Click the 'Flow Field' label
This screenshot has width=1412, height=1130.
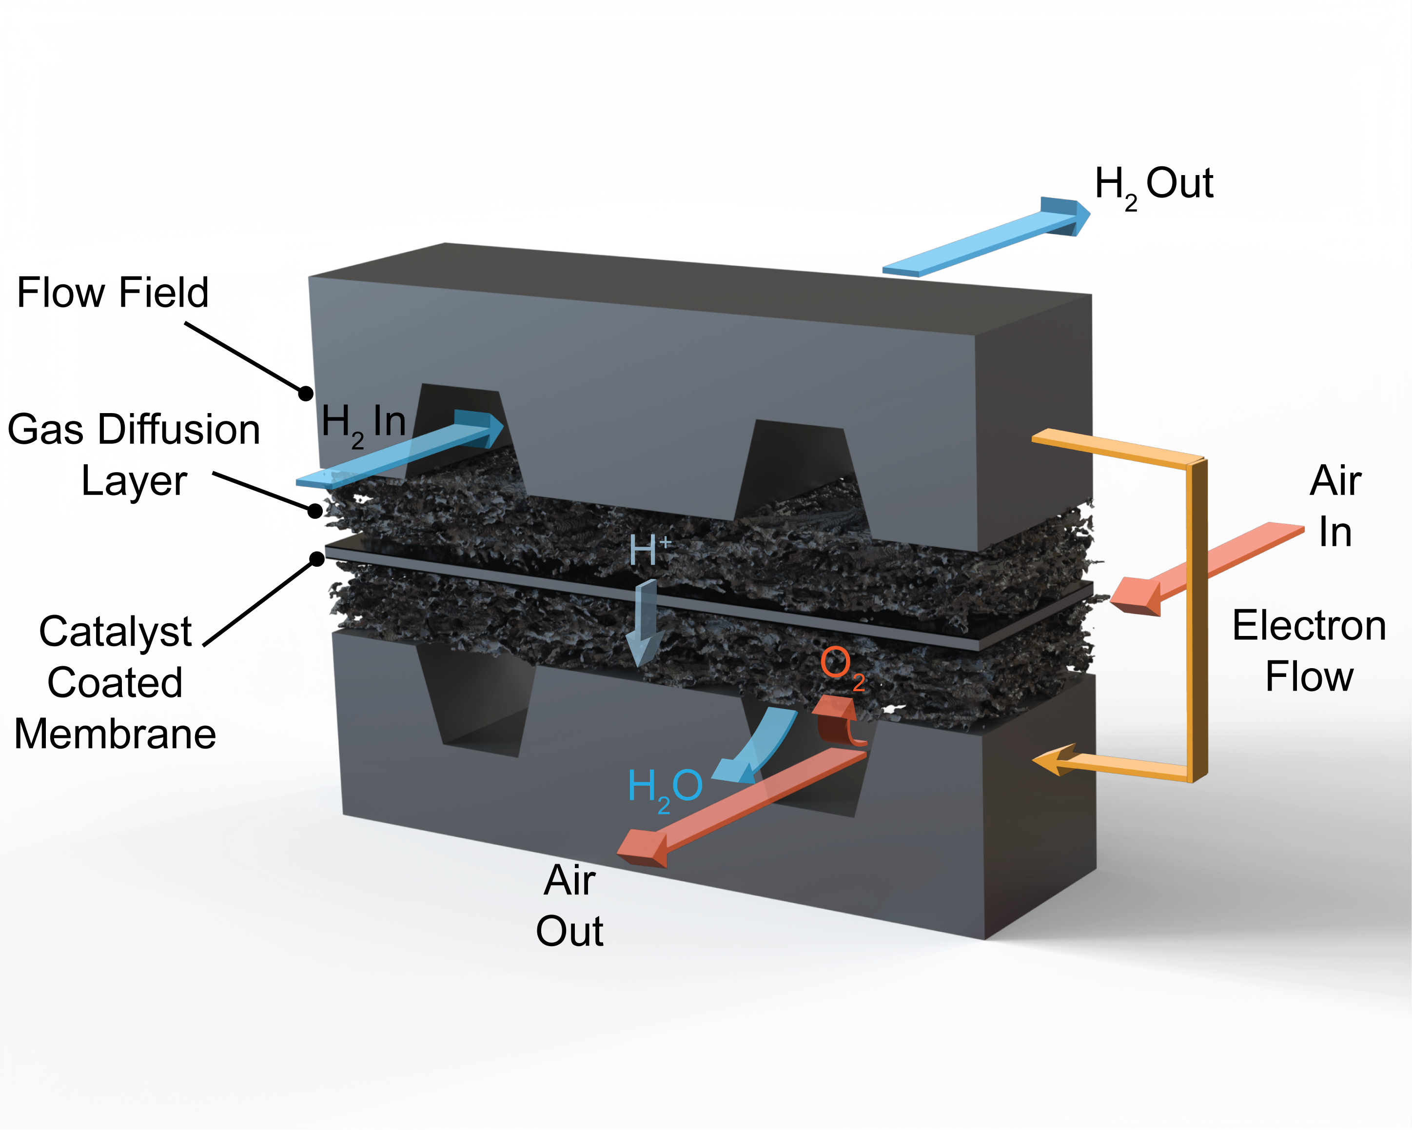(x=113, y=292)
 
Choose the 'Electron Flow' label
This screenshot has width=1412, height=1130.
(x=1309, y=651)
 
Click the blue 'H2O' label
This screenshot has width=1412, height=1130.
(x=665, y=788)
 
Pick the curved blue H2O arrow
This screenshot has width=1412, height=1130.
(x=760, y=747)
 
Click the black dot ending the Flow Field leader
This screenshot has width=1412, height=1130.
(x=305, y=393)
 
